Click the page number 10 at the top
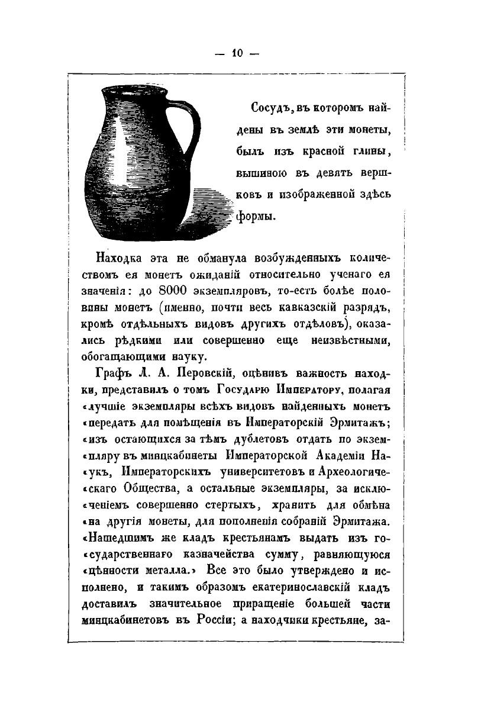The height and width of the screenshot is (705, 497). [238, 53]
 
